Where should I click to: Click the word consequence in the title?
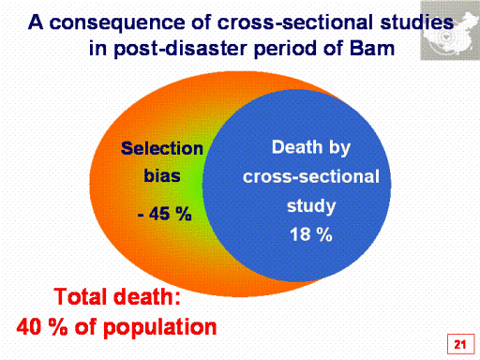tap(117, 23)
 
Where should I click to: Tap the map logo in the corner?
tap(450, 30)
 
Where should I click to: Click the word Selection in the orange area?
tap(162, 148)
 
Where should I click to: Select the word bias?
tap(162, 175)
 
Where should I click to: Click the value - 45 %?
tap(164, 214)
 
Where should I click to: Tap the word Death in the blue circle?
tap(297, 146)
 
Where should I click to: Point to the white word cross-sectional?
tap(311, 176)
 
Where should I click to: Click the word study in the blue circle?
tap(311, 206)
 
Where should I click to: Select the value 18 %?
tap(311, 234)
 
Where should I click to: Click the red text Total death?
tap(117, 296)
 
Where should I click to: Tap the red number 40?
tap(29, 327)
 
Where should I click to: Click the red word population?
tap(159, 328)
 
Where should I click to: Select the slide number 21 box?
tap(460, 344)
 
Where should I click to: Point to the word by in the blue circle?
tap(339, 148)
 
